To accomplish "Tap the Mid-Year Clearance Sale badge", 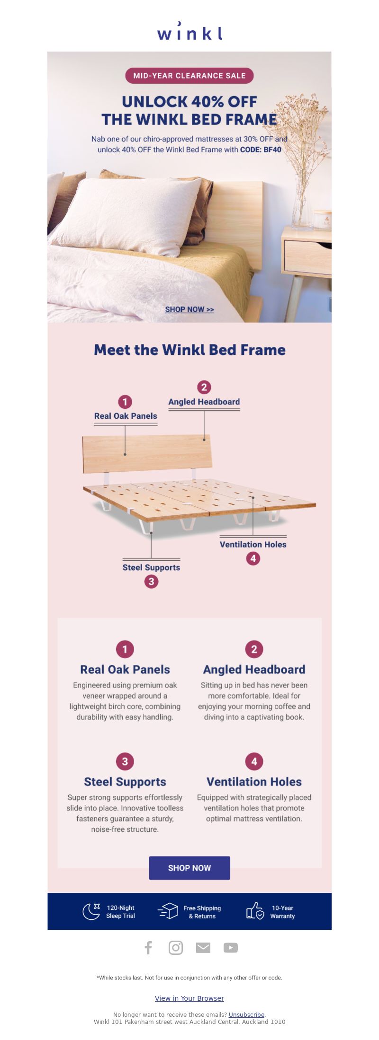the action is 189,76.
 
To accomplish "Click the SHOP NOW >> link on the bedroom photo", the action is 189,309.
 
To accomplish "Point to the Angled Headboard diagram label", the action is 204,402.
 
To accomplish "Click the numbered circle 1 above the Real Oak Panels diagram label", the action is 125,402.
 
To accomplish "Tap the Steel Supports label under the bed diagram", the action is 151,567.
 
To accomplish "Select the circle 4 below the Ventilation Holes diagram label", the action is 253,559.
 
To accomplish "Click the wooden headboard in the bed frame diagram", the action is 147,454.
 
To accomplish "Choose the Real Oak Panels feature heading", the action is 125,670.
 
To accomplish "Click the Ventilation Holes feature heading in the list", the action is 254,782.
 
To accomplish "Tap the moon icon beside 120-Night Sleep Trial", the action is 91,911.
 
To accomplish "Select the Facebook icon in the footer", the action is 148,948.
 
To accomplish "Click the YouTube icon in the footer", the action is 231,948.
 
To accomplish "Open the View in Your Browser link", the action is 189,998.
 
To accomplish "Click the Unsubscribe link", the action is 246,1014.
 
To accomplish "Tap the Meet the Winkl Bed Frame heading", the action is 189,350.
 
